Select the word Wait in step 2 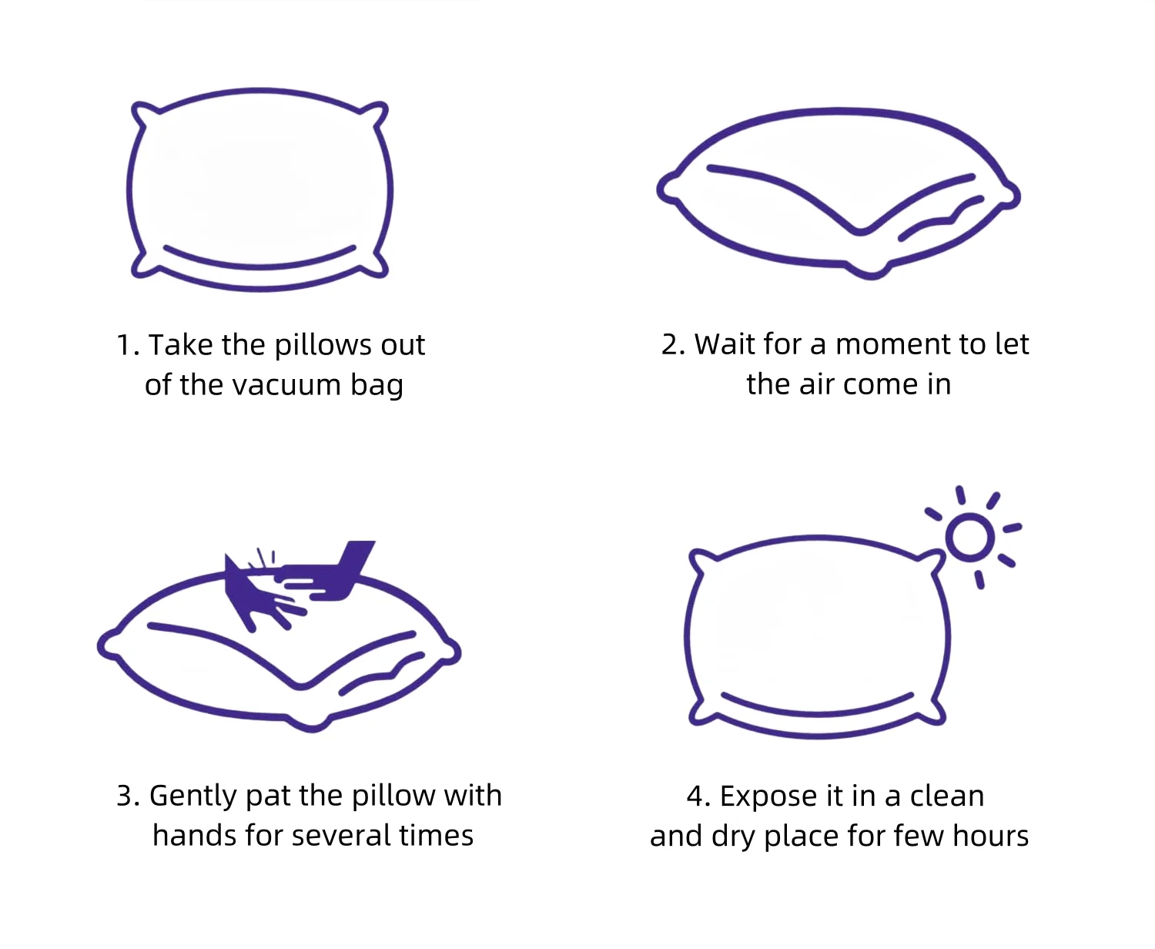(x=725, y=344)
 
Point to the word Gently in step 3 (x=193, y=796)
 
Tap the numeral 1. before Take (x=128, y=345)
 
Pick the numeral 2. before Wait (x=673, y=344)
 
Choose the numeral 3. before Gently (x=129, y=796)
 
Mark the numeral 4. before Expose (x=699, y=796)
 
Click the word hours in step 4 (x=991, y=836)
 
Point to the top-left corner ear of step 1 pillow (x=143, y=112)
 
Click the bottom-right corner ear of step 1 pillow (x=377, y=267)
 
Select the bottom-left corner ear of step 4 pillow (x=701, y=714)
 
